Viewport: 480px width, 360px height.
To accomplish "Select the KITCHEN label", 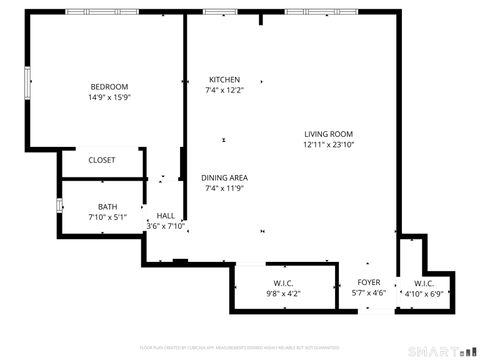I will [224, 79].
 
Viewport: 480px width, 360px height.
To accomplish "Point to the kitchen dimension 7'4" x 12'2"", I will [224, 90].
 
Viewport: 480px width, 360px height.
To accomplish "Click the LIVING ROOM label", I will [328, 134].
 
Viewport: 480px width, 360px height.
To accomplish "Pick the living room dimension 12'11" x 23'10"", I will [328, 145].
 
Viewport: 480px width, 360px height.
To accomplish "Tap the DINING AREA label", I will [225, 177].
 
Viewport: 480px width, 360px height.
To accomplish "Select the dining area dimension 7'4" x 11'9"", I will [225, 188].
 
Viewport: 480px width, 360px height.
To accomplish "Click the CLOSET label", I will [101, 160].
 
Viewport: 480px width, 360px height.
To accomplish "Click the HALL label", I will [166, 215].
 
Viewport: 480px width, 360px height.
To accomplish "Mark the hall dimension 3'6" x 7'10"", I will [166, 226].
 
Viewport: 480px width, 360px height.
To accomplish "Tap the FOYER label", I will [369, 282].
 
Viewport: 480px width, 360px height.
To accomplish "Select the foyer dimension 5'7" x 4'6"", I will [369, 293].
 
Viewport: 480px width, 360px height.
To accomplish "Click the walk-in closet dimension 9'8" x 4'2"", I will [283, 293].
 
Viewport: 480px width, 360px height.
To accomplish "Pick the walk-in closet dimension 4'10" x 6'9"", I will [424, 293].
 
